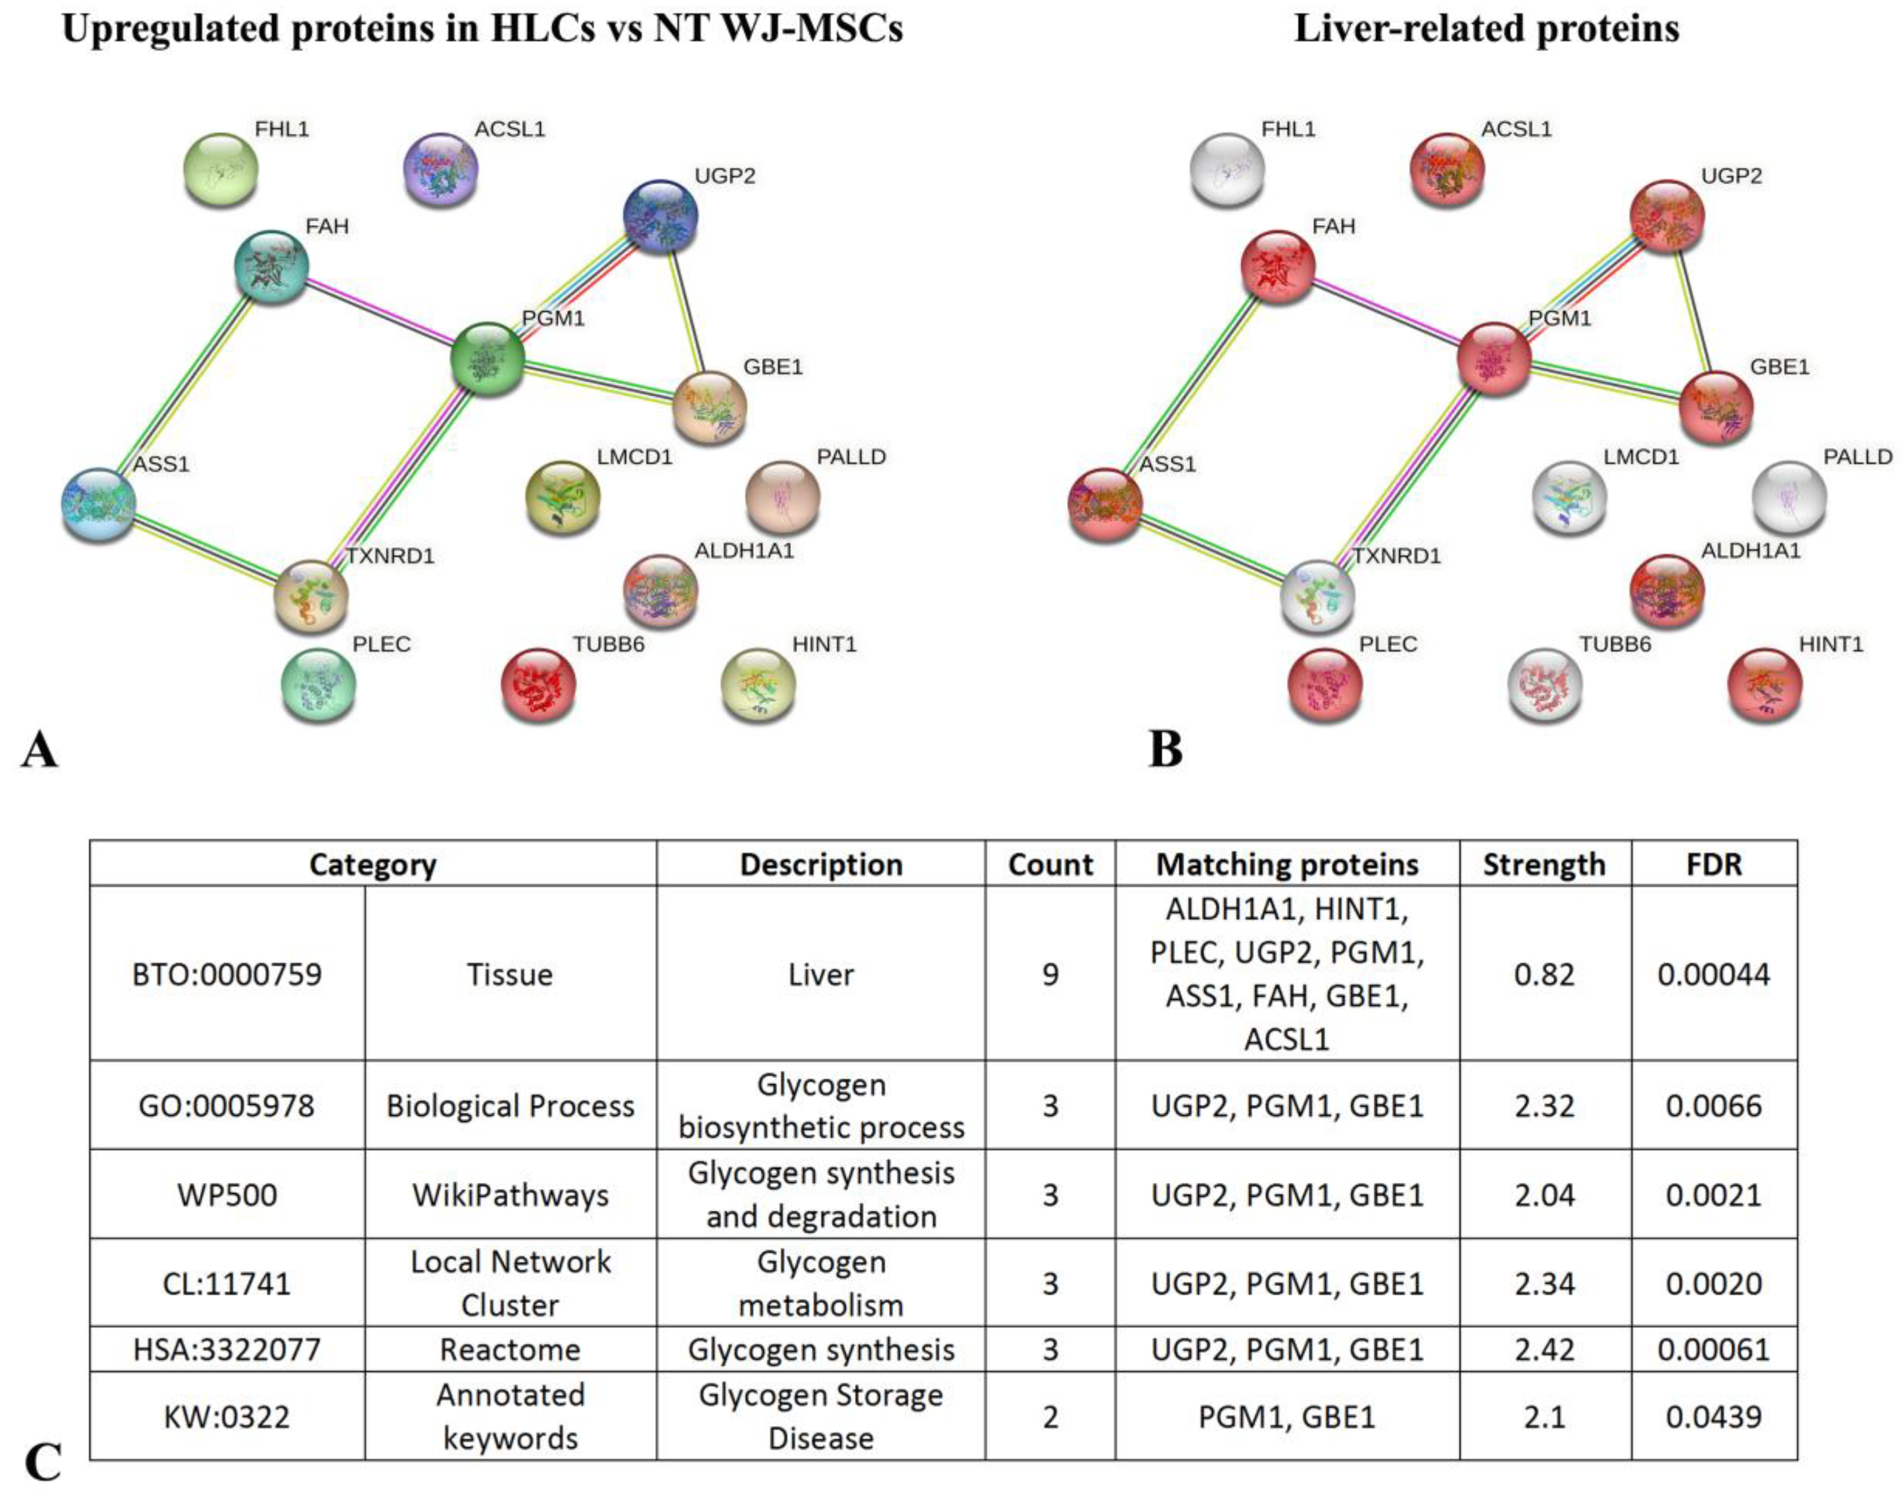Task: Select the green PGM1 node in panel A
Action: (487, 359)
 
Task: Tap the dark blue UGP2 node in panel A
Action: (660, 216)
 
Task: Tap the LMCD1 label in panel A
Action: (634, 457)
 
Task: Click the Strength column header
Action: (1543, 864)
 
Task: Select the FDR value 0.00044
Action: (1713, 974)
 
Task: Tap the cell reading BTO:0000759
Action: (227, 974)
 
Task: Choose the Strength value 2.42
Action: (1543, 1350)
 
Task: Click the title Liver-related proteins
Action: (1486, 29)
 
